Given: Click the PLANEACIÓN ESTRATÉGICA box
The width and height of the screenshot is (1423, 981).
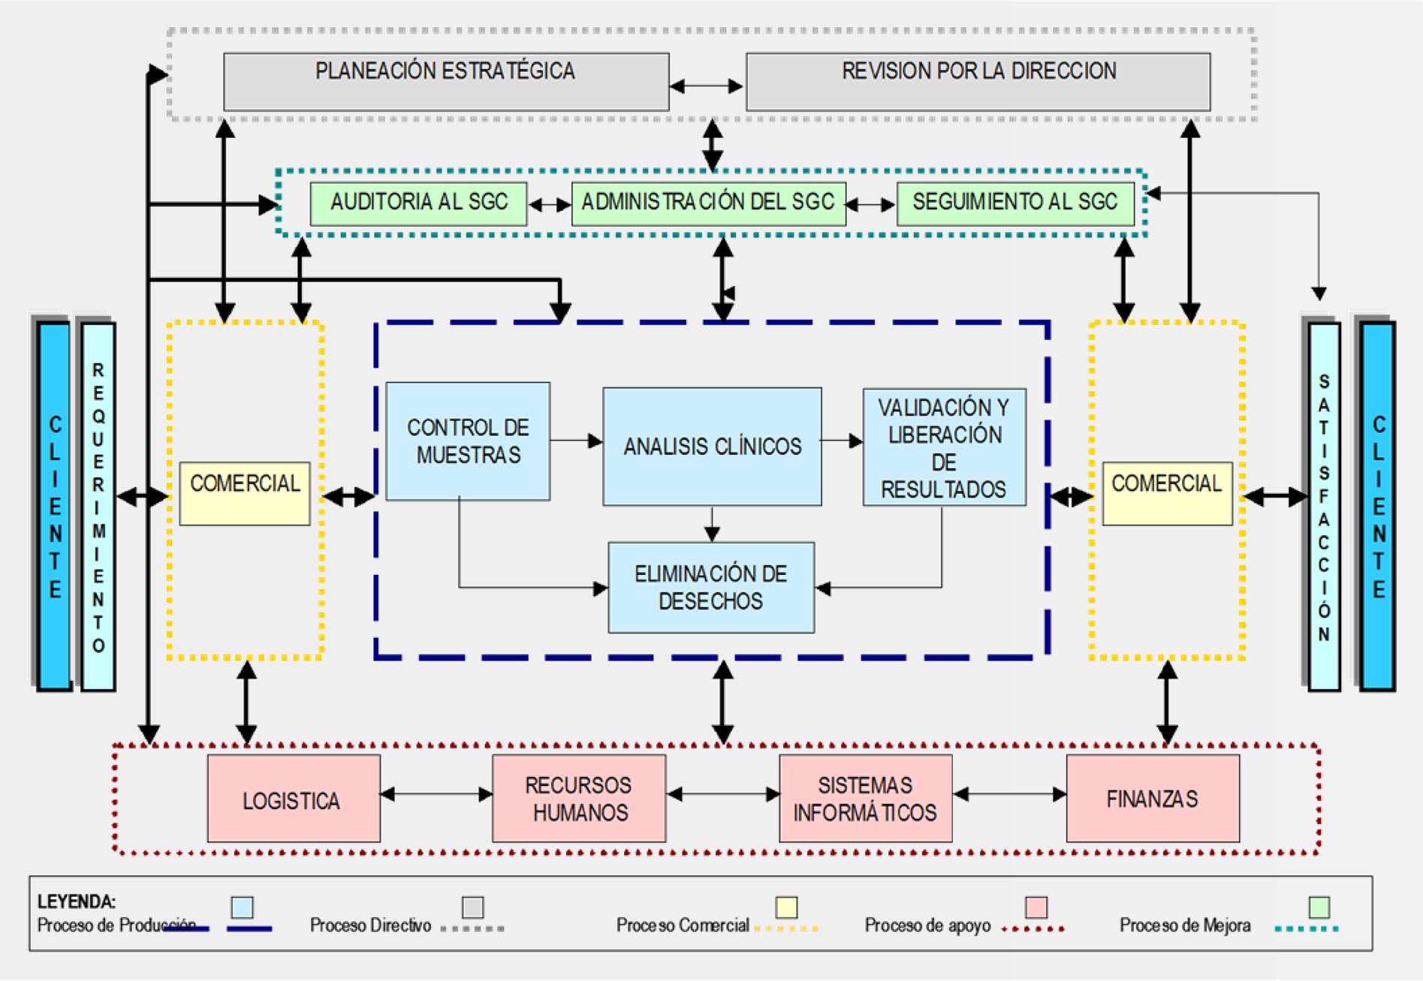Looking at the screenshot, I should [446, 81].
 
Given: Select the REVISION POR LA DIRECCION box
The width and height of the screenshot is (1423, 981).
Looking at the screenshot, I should [978, 81].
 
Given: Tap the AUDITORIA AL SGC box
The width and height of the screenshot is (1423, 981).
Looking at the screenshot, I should [418, 203].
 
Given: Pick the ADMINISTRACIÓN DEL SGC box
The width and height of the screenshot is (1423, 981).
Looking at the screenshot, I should [708, 203].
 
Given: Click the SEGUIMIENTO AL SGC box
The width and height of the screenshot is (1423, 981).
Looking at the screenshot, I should [1015, 203].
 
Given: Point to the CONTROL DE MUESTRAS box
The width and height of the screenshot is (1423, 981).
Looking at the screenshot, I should [468, 441].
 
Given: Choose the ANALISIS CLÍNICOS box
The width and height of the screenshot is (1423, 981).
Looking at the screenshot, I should [712, 447].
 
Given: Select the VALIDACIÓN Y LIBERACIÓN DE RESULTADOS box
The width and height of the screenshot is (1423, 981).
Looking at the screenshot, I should [944, 447].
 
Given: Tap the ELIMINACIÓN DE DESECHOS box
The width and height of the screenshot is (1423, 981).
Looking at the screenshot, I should [711, 588].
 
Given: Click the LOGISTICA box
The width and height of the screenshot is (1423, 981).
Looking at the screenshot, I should [294, 799].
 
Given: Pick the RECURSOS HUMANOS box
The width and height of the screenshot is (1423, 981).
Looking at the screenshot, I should [579, 799].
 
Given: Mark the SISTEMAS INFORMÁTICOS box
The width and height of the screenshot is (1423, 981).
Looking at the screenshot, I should [865, 799].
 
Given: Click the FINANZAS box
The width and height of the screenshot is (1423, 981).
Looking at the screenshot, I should [1153, 799].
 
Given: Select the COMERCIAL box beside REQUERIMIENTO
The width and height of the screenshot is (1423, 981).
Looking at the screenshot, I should [245, 493].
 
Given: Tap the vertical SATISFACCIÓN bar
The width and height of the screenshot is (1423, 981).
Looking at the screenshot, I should [1324, 507].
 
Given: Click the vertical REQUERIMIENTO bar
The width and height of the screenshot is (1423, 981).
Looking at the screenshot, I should [98, 507].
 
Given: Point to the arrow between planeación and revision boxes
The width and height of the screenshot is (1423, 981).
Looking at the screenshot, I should [707, 86].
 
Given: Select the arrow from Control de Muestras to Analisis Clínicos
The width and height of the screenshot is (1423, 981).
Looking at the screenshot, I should [576, 441].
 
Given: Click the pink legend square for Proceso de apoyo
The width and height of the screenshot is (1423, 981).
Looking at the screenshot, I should [1036, 907].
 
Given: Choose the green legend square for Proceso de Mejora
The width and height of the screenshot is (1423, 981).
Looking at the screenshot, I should [1319, 907].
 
